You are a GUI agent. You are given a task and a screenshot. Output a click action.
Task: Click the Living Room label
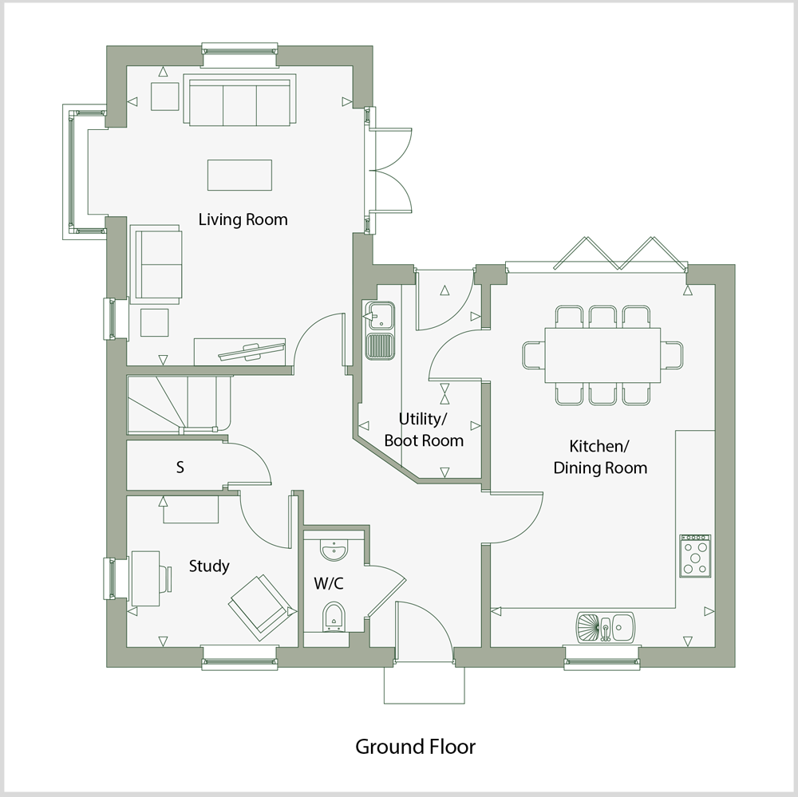tap(243, 219)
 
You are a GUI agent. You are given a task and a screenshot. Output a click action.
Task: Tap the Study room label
tap(209, 566)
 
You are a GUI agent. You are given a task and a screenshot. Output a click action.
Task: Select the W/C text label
tap(329, 584)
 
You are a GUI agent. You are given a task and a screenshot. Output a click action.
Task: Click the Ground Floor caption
tap(415, 747)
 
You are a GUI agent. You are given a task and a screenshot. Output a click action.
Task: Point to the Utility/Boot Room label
tap(424, 430)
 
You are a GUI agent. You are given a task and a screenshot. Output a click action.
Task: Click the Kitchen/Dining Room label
tap(600, 457)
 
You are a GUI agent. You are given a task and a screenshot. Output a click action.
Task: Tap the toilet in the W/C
tap(333, 617)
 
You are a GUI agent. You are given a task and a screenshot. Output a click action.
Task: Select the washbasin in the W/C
tap(333, 550)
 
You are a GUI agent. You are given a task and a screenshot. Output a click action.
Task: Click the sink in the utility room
tap(378, 329)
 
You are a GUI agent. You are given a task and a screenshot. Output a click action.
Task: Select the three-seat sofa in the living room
tap(240, 101)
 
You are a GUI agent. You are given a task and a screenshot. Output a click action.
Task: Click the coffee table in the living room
tap(239, 175)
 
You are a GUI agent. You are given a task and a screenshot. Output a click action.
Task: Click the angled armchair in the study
tap(260, 606)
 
